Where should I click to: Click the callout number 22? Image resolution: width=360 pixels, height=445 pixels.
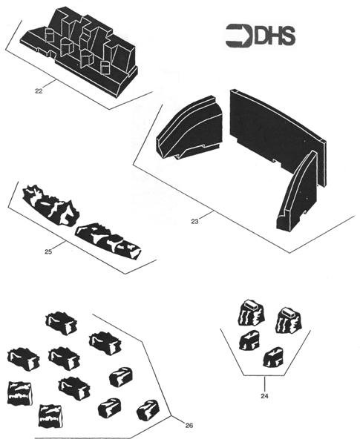(x=39, y=91)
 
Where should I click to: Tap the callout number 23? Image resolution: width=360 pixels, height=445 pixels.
(x=194, y=222)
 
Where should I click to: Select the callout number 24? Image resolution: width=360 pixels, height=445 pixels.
(x=264, y=395)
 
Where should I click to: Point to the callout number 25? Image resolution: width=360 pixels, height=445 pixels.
(x=48, y=251)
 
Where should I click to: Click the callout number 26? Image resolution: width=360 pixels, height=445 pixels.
(x=189, y=425)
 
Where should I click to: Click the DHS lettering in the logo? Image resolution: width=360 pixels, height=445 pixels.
(x=274, y=36)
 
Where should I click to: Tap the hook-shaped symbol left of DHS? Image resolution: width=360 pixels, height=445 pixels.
(x=239, y=36)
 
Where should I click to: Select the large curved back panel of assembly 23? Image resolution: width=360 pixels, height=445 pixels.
(x=277, y=136)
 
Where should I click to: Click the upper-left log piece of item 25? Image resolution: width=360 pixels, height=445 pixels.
(x=50, y=205)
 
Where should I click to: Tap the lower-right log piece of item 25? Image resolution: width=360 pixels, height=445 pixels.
(x=108, y=241)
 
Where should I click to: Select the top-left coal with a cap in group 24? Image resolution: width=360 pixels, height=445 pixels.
(x=252, y=313)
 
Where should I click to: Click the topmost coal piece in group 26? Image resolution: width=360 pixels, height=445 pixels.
(x=62, y=323)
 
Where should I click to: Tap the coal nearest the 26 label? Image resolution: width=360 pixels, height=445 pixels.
(x=148, y=410)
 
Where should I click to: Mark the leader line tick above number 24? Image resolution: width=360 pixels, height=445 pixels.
(x=264, y=383)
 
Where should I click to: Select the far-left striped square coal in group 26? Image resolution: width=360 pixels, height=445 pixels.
(x=19, y=393)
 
